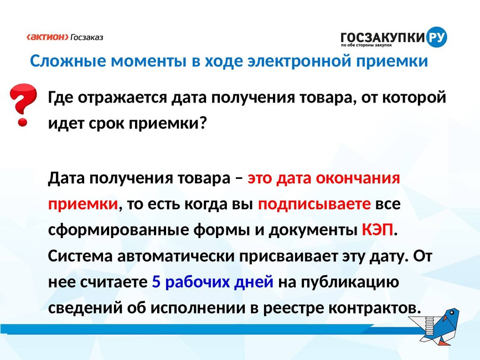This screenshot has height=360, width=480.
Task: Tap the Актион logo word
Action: click(48, 37)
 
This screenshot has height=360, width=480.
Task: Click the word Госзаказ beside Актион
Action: click(87, 37)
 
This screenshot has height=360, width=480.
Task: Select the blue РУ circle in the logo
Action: click(436, 37)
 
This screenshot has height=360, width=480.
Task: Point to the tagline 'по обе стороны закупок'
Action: click(367, 45)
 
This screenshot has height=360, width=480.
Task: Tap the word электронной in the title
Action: click(299, 60)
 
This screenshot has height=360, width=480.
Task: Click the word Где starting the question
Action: click(60, 98)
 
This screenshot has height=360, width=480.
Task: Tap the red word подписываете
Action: click(314, 204)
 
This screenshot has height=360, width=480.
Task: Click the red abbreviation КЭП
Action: click(378, 229)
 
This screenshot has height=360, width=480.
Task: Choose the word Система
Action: click(80, 256)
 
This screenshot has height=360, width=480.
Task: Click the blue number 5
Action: click(156, 282)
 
